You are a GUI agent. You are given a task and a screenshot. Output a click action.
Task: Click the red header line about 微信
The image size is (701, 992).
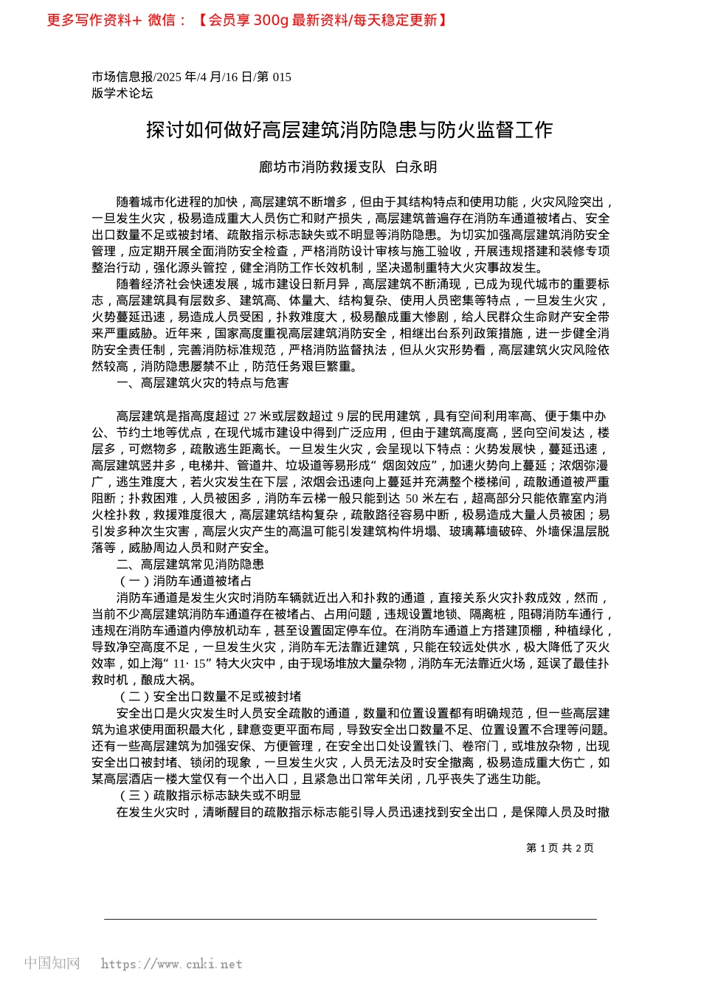tap(247, 20)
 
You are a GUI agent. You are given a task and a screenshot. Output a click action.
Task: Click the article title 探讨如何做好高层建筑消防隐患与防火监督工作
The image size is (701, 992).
tap(349, 130)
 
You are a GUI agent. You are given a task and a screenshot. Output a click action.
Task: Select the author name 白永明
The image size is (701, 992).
tap(416, 167)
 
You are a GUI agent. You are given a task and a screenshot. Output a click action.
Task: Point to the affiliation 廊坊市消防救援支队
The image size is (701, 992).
tap(322, 167)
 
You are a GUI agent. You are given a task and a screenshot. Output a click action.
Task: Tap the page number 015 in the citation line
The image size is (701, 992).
tap(282, 77)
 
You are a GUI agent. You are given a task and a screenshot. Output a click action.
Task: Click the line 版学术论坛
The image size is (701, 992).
tap(122, 93)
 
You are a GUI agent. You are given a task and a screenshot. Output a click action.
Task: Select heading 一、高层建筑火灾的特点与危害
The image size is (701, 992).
tap(202, 383)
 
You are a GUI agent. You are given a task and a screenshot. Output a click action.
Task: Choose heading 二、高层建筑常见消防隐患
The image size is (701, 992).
tap(190, 565)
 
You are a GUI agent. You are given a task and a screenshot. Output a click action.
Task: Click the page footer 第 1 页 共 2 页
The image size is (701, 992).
tap(559, 848)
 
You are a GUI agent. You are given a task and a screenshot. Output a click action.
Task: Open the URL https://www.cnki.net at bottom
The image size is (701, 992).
tap(171, 964)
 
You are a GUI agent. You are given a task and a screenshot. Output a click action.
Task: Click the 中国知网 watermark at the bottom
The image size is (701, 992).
tap(52, 963)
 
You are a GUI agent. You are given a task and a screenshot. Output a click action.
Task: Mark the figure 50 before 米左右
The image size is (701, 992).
tap(412, 499)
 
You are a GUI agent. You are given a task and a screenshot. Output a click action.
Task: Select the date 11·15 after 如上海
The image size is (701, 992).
tap(189, 664)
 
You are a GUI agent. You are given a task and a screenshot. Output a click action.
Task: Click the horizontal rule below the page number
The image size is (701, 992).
tap(350, 919)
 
